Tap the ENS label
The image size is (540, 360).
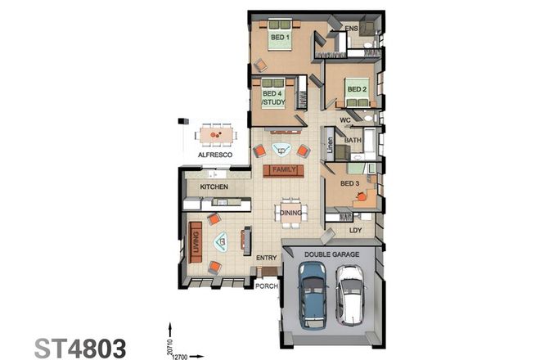pos(352,29)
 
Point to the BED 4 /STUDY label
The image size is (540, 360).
pos(273,98)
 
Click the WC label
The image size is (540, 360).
pos(345,120)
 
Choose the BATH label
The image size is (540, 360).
pos(353,140)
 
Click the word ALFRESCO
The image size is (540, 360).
pos(215,155)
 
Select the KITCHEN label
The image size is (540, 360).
pos(214,187)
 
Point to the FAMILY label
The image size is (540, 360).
pos(283,170)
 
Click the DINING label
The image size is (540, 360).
pos(291,213)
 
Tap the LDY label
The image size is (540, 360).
pos(355,230)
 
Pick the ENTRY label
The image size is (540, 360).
pos(267,258)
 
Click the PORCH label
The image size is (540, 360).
pos(267,286)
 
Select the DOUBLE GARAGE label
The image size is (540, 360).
pos(331,254)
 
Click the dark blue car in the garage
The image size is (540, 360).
pos(313,295)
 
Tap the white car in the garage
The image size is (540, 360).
pos(349,295)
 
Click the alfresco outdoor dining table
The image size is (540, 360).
pos(216,134)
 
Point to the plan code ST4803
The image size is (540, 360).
pos(79,347)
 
